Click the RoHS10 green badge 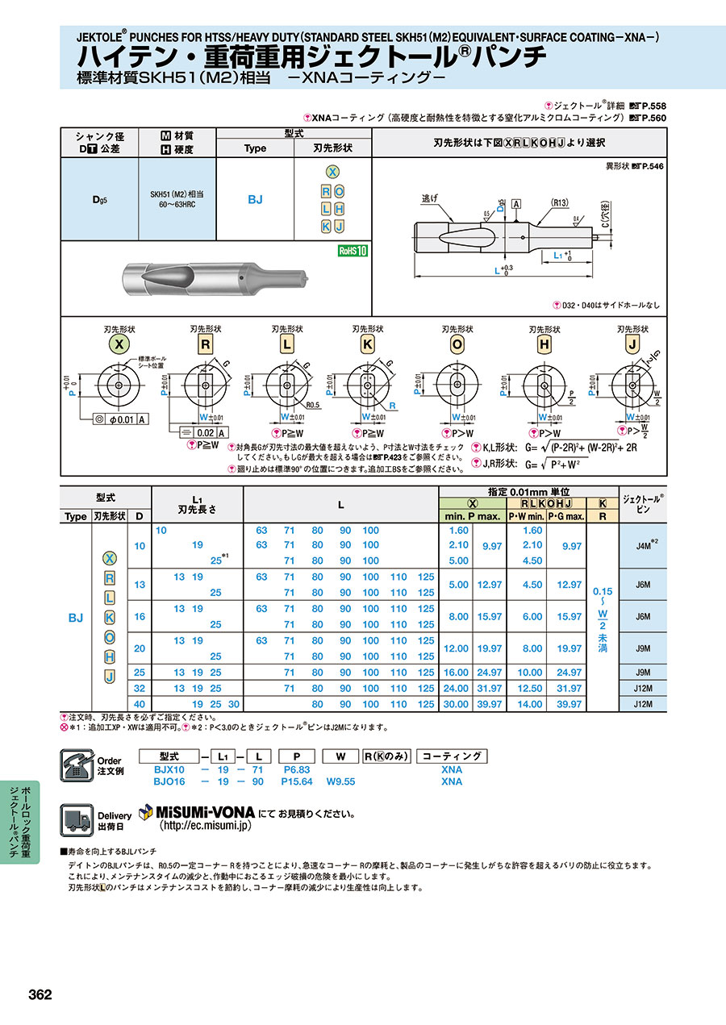coord(353,251)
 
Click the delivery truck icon coord(77,819)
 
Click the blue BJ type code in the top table coord(255,199)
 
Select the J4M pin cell coord(644,545)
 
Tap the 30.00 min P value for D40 coord(457,704)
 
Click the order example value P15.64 coord(297,781)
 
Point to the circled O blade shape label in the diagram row coord(457,345)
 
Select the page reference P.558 coord(653,106)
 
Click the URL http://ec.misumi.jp coord(207,826)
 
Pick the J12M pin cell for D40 coord(644,704)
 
